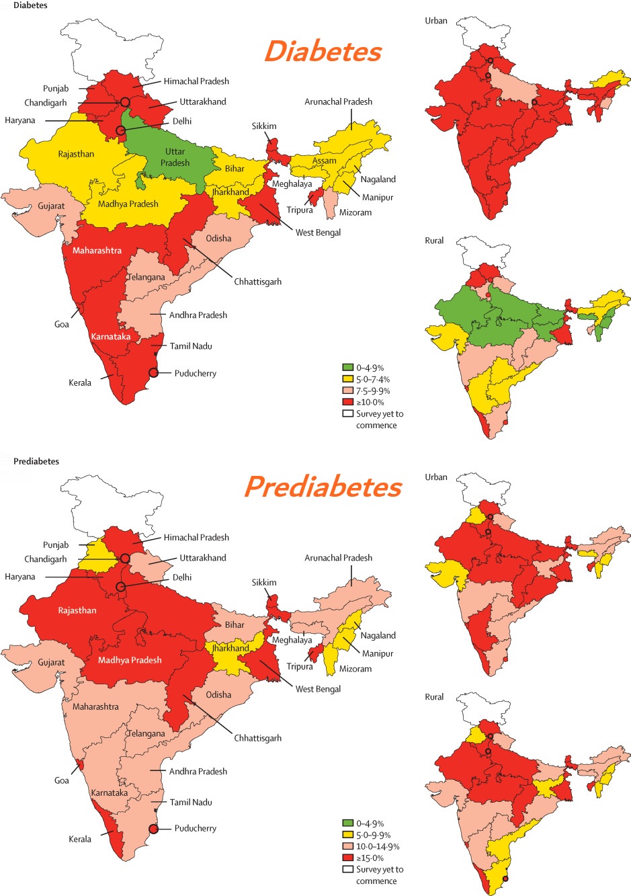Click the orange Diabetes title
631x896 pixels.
point(323,52)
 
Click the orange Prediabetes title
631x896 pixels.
point(323,487)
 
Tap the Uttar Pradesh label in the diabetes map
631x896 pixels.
point(175,157)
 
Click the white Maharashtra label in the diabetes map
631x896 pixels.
point(97,251)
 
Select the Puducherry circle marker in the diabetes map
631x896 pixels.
point(153,373)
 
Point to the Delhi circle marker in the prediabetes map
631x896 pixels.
point(121,587)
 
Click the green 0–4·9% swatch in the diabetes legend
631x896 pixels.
point(347,368)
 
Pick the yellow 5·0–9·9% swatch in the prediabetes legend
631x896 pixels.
point(347,835)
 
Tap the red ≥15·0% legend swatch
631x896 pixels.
point(347,858)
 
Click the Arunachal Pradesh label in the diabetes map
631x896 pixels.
point(338,101)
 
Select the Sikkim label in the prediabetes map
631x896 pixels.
point(264,582)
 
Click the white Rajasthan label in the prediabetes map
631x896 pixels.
point(77,610)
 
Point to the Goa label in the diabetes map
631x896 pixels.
point(62,324)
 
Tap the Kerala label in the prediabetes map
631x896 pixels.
point(80,839)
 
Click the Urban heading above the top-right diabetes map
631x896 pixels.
point(436,21)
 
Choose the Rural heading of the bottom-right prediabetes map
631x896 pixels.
point(434,697)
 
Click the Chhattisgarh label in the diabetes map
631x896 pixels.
point(257,282)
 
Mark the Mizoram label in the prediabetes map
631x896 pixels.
point(355,669)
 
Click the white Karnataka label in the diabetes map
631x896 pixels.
point(111,336)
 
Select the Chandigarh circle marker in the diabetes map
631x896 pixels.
point(125,102)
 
